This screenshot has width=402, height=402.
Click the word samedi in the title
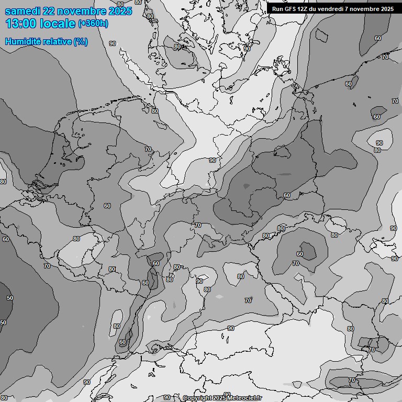coord(24,11)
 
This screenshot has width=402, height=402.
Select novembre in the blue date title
coord(84,11)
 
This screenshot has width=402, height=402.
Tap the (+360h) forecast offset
coord(93,24)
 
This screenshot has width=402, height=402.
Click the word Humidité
coord(21,41)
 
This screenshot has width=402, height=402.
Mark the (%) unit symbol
coord(81,41)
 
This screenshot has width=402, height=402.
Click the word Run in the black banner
coord(277,9)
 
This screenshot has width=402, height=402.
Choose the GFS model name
coord(291,9)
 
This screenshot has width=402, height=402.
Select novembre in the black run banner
coord(366,9)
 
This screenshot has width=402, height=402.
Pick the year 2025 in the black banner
coord(387,9)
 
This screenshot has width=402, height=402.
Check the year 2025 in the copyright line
coord(218,398)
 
